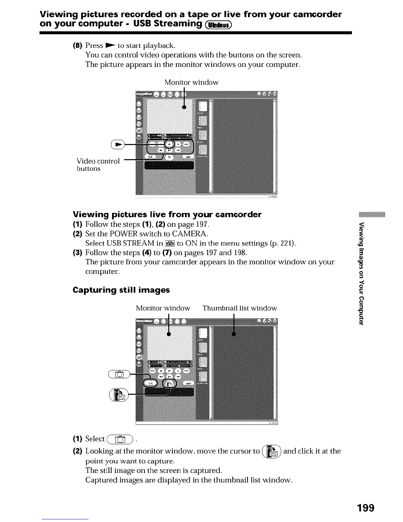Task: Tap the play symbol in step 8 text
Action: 109,45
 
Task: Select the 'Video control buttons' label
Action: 97,164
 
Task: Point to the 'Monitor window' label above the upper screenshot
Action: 191,82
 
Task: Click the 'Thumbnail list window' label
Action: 240,308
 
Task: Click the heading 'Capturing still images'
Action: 121,290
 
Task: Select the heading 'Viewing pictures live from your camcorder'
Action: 167,215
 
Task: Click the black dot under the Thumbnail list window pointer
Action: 234,334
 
